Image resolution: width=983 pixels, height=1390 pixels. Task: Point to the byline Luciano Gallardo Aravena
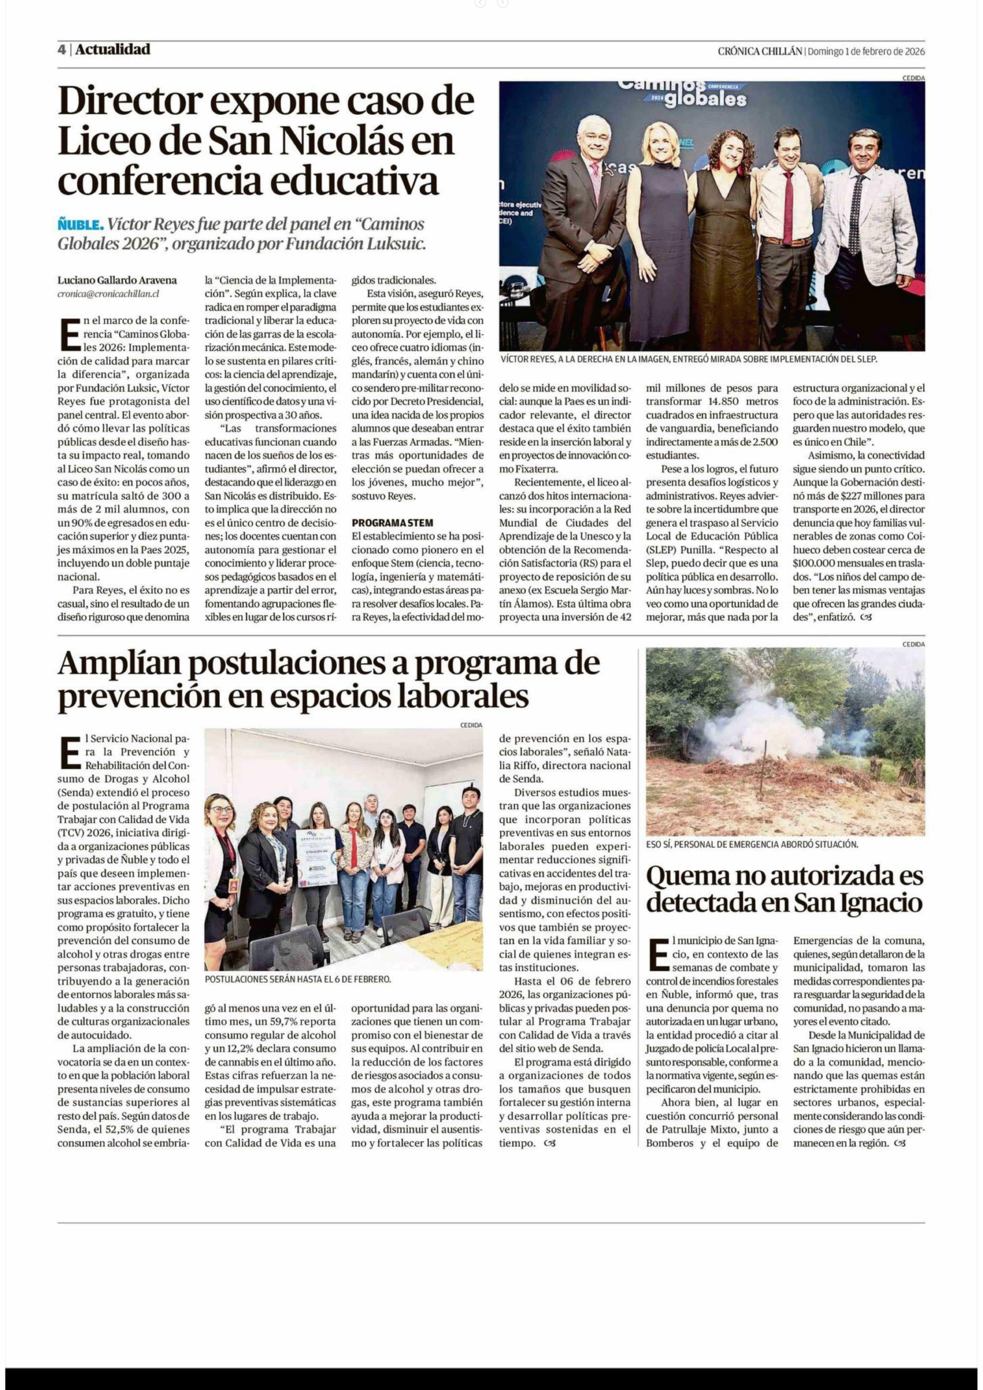coord(117,280)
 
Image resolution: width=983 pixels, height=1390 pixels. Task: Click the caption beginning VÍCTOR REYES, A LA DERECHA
coord(689,359)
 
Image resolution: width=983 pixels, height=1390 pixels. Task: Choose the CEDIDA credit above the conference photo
coord(913,78)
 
